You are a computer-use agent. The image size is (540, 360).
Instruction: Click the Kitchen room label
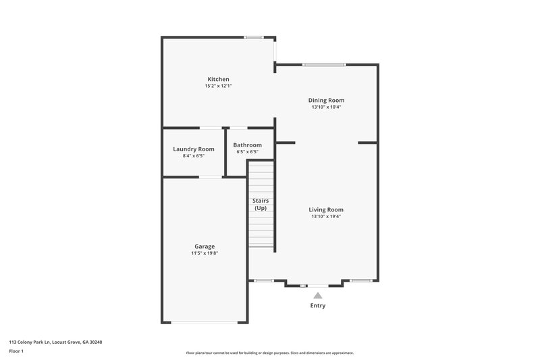tap(219, 79)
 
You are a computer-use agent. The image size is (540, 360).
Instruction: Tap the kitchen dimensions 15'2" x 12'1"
tap(219, 86)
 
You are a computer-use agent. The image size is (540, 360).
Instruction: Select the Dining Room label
tap(326, 100)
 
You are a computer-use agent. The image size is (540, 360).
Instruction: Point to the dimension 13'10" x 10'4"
tap(326, 107)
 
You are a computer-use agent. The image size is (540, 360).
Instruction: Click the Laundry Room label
tap(194, 149)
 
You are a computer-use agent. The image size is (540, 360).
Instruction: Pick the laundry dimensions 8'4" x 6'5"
tap(194, 156)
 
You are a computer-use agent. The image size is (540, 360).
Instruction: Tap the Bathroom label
tap(247, 145)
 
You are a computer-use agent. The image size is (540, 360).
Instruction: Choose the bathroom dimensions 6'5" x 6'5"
tap(247, 152)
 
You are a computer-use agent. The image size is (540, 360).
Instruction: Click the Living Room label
tap(326, 209)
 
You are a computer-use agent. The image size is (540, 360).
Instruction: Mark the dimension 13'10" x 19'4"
tap(326, 217)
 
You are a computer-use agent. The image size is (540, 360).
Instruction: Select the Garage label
tap(204, 246)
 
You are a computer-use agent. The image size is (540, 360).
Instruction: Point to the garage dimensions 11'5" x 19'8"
tap(204, 253)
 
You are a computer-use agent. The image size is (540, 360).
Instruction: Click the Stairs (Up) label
tap(260, 204)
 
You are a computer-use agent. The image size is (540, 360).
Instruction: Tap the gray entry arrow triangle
tap(317, 294)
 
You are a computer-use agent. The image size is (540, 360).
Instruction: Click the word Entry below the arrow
tap(317, 306)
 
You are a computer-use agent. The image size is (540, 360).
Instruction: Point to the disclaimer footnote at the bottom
tap(270, 353)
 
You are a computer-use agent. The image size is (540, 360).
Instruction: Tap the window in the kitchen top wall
tap(254, 37)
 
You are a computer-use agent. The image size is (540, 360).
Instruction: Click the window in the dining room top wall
tap(324, 65)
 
